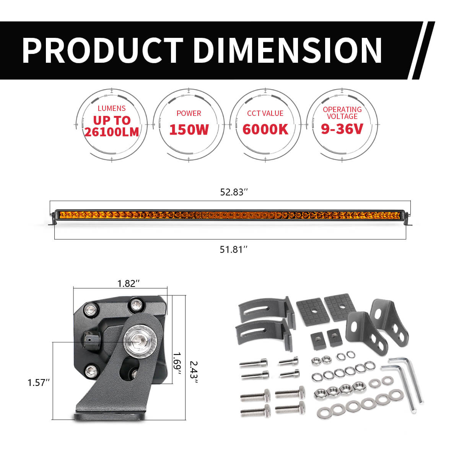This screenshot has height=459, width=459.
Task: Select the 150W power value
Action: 189,129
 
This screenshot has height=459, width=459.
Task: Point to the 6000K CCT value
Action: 265,129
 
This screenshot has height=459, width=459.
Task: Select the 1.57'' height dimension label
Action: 39,382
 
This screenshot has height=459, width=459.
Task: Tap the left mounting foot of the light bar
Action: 52,223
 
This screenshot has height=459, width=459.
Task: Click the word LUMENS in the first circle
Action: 112,109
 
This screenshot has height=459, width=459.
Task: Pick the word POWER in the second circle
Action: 189,113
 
